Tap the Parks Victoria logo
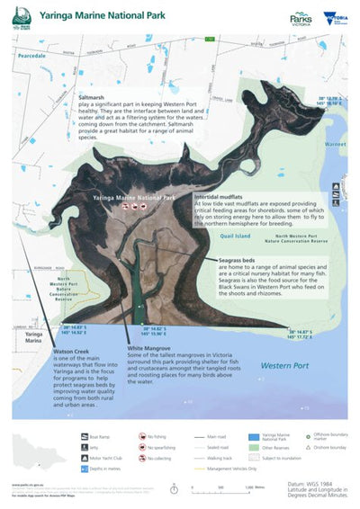[301, 18]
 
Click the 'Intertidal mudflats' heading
[223, 195]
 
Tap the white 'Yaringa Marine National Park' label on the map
[131, 196]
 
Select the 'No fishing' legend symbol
[142, 435]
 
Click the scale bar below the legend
[220, 484]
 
